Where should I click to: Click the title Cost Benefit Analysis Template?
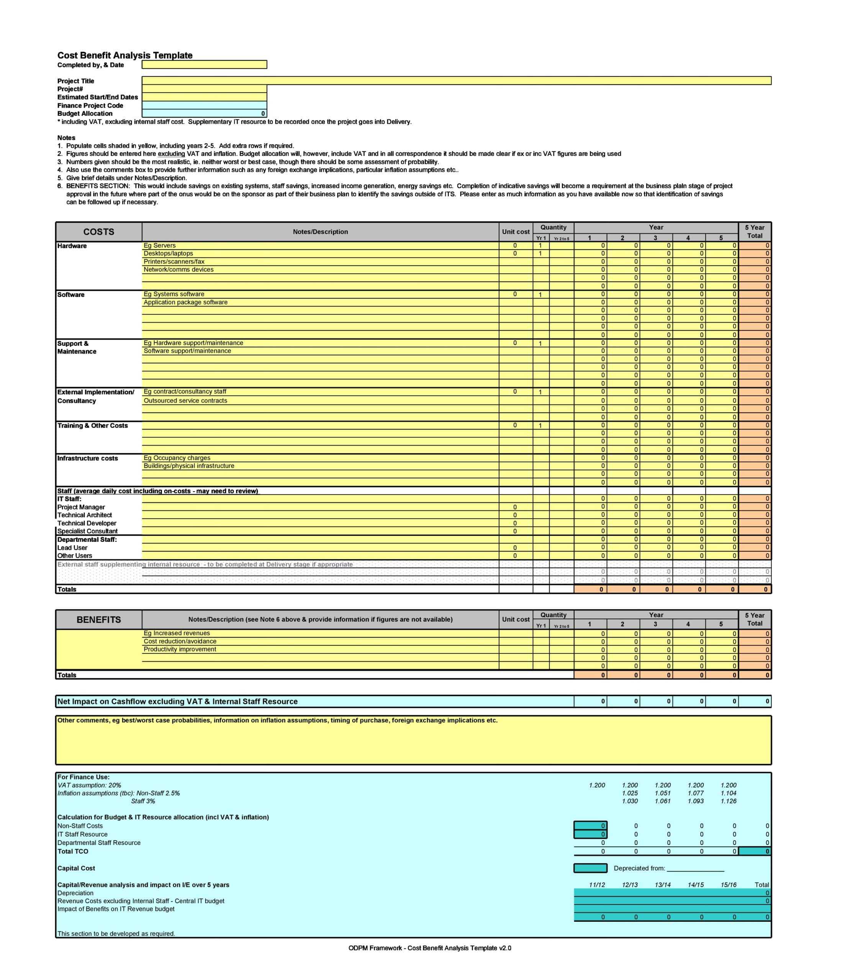(x=125, y=55)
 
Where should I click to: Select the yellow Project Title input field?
(x=456, y=80)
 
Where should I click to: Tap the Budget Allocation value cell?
(x=204, y=114)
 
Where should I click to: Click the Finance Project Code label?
(x=90, y=106)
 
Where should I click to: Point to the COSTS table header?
(x=98, y=232)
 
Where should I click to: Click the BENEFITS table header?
(x=98, y=619)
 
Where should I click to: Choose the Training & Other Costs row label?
(x=93, y=426)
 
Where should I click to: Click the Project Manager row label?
(x=81, y=507)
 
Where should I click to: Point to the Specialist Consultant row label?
(x=87, y=531)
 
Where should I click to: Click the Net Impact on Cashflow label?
(x=178, y=701)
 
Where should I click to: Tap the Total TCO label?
(x=73, y=851)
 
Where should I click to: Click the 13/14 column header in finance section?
(x=662, y=885)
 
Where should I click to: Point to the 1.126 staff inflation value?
(x=728, y=801)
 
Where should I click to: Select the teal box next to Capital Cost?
(x=590, y=868)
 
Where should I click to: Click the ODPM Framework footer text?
(x=429, y=948)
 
